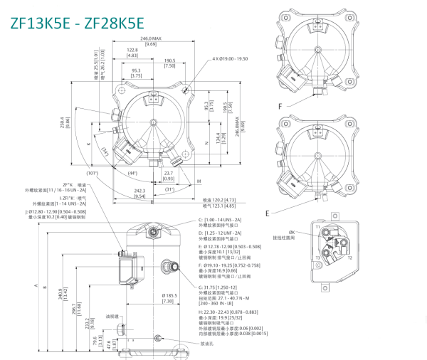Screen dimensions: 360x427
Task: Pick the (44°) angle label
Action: [135, 174]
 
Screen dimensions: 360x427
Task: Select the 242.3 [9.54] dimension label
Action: [139, 193]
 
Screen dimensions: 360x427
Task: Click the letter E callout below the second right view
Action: [267, 212]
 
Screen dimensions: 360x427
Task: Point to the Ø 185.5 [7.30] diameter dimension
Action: [169, 297]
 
